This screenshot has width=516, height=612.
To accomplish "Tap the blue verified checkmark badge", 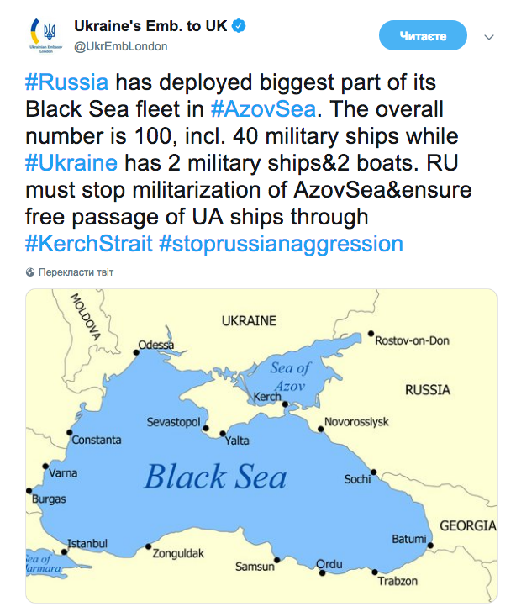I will pyautogui.click(x=240, y=26).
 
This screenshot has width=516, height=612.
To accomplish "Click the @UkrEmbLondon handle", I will pyautogui.click(x=121, y=46).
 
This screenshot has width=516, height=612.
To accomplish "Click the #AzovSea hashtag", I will pyautogui.click(x=255, y=109).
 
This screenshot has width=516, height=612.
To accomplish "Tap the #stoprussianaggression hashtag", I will pyautogui.click(x=280, y=244).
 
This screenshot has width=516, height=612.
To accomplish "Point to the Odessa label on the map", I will pyautogui.click(x=156, y=345).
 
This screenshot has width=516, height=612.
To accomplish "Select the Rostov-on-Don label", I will pyautogui.click(x=412, y=340).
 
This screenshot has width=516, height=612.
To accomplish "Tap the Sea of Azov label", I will pyautogui.click(x=291, y=376).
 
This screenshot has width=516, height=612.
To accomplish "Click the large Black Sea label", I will pyautogui.click(x=215, y=477).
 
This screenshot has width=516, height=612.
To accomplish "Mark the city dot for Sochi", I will pyautogui.click(x=373, y=472).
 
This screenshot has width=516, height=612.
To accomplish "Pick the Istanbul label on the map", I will pyautogui.click(x=87, y=542).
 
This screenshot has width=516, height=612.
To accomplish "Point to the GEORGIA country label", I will pyautogui.click(x=467, y=525).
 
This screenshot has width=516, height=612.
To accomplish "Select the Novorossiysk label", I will pyautogui.click(x=357, y=420).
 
